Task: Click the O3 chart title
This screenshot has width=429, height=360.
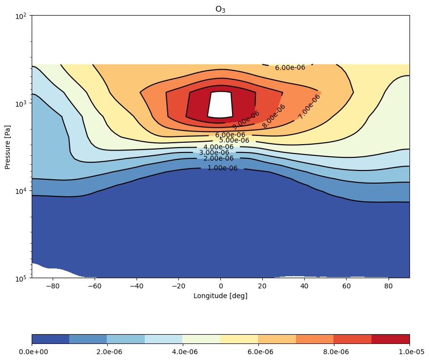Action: click(x=220, y=9)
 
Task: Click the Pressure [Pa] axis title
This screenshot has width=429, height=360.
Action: click(x=7, y=147)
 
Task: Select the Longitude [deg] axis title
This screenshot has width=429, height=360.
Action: click(x=220, y=296)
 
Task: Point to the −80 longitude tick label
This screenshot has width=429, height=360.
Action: click(x=53, y=286)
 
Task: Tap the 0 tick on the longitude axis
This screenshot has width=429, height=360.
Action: click(x=221, y=286)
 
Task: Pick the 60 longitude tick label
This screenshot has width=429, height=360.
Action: click(x=347, y=286)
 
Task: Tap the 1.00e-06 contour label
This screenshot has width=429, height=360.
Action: click(x=222, y=168)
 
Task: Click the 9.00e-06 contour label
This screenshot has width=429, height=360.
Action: click(x=246, y=120)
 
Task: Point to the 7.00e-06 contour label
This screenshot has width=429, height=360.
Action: click(x=309, y=107)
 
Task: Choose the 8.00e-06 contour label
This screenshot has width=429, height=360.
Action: click(x=273, y=116)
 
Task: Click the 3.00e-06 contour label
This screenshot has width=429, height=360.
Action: click(x=214, y=152)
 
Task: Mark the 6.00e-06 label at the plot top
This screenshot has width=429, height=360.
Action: click(x=290, y=68)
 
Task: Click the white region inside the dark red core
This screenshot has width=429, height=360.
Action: click(x=220, y=104)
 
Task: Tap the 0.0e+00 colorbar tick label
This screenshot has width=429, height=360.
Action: click(x=33, y=352)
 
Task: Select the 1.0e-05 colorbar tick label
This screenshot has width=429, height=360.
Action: click(x=411, y=352)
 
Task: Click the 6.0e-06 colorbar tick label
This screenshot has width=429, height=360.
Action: click(x=260, y=352)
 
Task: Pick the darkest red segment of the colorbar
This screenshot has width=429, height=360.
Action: click(x=390, y=339)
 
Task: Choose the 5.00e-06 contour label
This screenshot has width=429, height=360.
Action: click(x=234, y=140)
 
